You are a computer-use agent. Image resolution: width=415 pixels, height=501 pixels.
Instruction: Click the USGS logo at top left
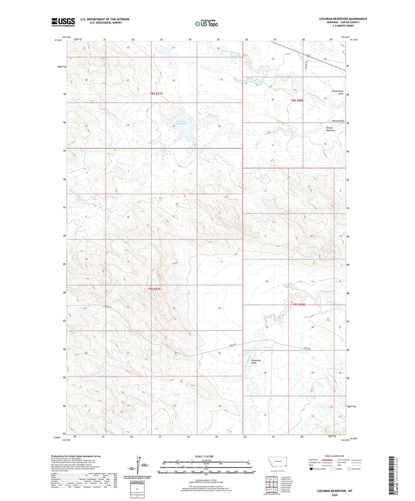coord(63,22)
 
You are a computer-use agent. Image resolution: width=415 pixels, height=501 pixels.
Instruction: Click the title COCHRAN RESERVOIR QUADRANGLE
coord(343,19)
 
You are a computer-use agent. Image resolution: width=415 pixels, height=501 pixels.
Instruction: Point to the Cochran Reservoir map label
coord(181,123)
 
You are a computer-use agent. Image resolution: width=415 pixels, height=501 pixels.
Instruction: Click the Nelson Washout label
coord(330,129)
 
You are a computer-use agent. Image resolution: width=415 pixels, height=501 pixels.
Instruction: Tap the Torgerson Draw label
coord(256,362)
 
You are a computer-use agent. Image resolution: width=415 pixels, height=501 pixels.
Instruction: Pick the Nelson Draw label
coord(338,121)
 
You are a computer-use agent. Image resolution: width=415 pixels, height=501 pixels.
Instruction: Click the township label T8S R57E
coord(158,94)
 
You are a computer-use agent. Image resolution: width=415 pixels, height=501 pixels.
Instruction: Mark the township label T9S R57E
coord(154,289)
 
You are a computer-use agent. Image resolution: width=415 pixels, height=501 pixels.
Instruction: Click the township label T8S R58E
coord(297,101)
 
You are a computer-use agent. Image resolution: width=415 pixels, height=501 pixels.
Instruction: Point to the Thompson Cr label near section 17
coord(327,292)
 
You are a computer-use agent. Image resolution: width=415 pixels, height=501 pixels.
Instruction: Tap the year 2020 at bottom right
coord(335,495)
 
